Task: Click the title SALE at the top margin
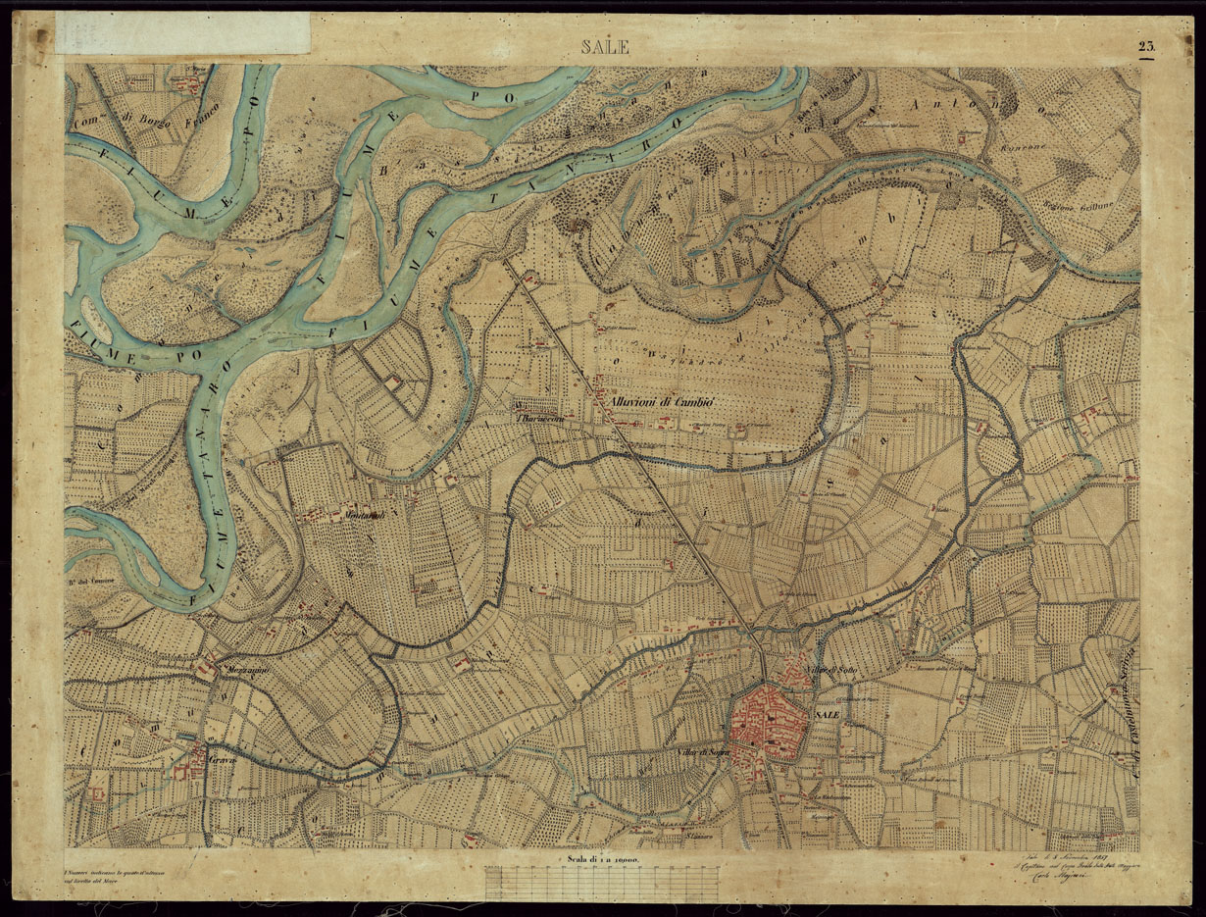(x=606, y=47)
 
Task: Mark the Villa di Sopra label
(x=703, y=751)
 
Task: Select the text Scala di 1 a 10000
(x=602, y=861)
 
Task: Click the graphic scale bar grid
(x=602, y=882)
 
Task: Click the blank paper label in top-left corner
(x=182, y=32)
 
